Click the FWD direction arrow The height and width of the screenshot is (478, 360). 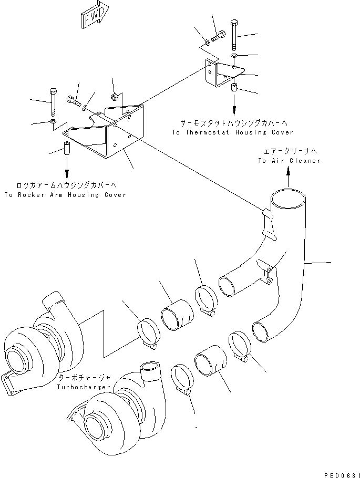93,16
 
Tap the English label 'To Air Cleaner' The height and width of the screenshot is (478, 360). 289,161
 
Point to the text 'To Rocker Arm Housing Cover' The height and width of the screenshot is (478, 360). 65,194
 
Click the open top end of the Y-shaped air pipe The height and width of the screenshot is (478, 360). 288,200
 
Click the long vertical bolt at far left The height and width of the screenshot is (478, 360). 53,102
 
